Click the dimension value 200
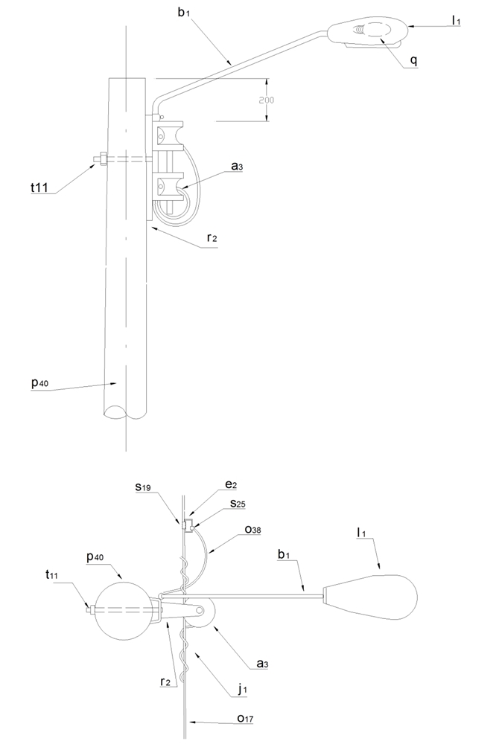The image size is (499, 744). pos(267,100)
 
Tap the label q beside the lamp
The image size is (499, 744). pos(413,61)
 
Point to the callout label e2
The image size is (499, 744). pos(231,484)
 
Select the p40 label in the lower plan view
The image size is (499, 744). pos(96,557)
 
